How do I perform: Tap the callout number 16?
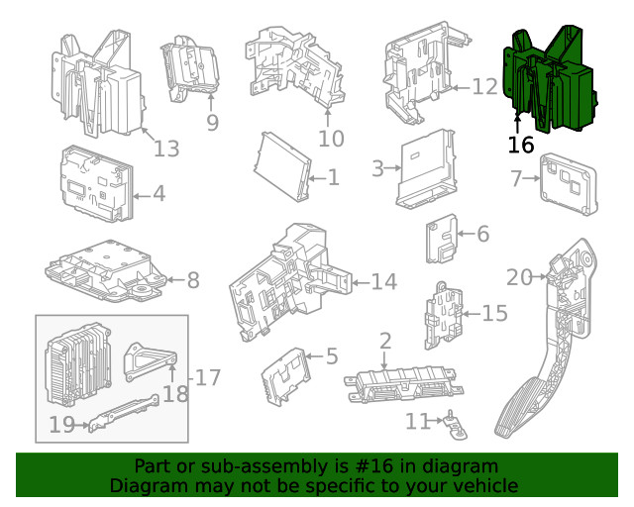click(x=521, y=145)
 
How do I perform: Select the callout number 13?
click(x=166, y=149)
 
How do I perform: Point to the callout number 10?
click(x=331, y=138)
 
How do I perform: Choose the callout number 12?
click(x=483, y=87)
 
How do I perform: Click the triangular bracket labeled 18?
click(x=146, y=359)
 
